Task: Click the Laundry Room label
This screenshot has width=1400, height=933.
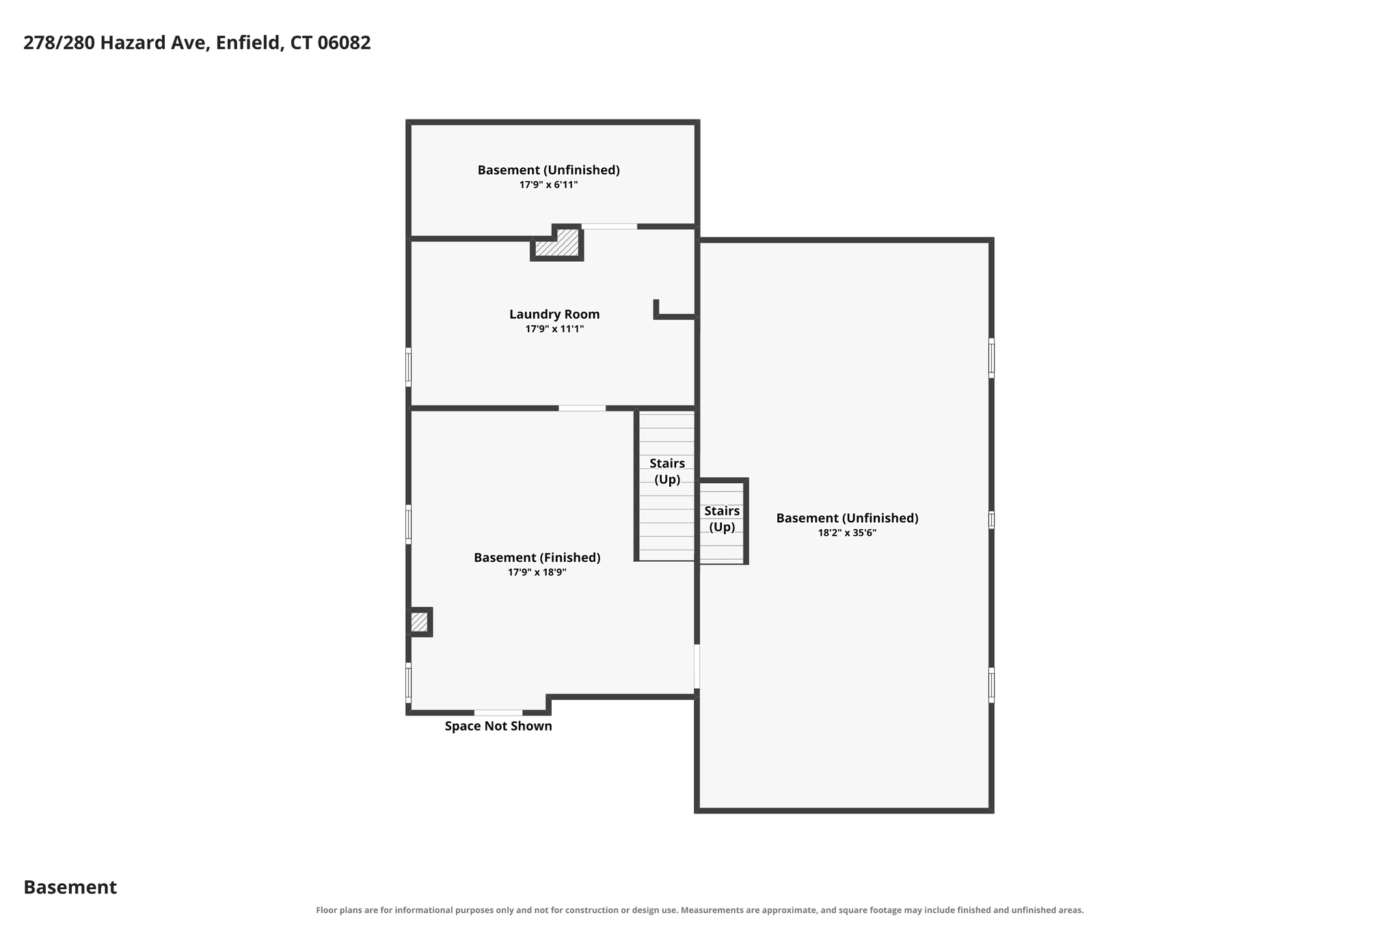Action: tap(554, 314)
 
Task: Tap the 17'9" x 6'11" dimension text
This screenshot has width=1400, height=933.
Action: tap(548, 185)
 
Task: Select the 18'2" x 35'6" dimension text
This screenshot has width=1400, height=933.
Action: tap(847, 533)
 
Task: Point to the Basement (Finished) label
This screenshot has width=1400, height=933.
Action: tap(537, 558)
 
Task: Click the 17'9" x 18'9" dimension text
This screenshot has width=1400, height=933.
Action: tap(537, 573)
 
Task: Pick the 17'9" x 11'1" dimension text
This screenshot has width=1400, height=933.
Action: tap(554, 329)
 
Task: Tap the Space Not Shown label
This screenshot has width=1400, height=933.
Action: tap(498, 726)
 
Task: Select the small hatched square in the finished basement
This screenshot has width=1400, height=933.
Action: tap(420, 622)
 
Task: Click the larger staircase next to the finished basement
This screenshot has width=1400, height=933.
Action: tap(667, 485)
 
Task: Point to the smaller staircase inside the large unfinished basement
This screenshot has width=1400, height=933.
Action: tap(722, 522)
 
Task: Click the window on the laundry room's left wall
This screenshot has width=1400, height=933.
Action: tap(408, 367)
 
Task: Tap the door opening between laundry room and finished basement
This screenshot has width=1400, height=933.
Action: tap(582, 408)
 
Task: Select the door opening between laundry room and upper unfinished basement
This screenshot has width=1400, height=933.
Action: tap(609, 226)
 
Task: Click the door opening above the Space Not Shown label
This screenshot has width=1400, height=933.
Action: tap(498, 713)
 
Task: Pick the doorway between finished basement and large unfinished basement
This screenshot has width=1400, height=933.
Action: tap(697, 666)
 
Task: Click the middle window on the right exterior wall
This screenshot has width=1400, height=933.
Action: tap(991, 520)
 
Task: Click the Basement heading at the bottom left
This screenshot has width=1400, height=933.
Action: tap(70, 887)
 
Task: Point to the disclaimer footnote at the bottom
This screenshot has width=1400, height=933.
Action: tap(700, 910)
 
